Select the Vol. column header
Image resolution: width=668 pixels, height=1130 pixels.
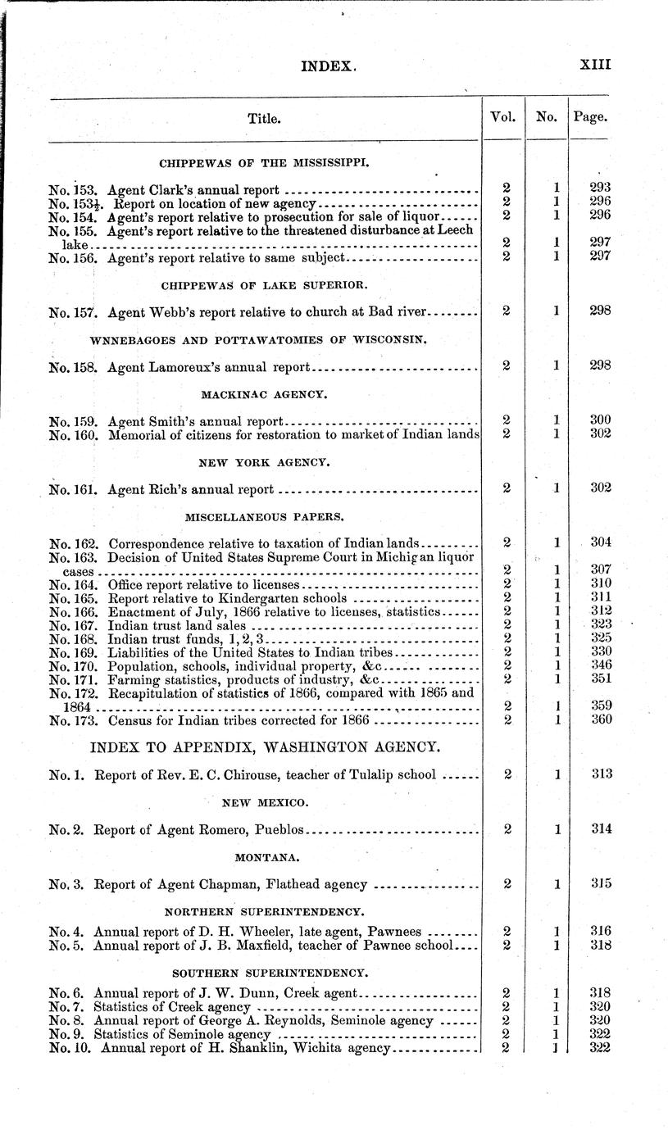(x=502, y=117)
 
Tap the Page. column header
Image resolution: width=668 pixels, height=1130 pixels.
(x=590, y=117)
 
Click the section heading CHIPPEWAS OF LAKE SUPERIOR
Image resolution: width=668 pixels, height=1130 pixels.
(x=264, y=285)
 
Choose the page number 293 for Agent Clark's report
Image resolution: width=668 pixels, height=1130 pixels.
(x=600, y=188)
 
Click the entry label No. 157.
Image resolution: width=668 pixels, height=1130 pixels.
(x=74, y=311)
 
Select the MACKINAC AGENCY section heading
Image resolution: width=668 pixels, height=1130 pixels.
(x=264, y=394)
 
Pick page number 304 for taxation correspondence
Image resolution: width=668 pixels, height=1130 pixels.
(x=600, y=542)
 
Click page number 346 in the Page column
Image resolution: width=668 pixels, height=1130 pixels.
(x=600, y=665)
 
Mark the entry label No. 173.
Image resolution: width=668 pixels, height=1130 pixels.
(x=74, y=720)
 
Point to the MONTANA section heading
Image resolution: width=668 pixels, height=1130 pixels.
(x=264, y=856)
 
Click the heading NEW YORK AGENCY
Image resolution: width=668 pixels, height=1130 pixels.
(x=264, y=463)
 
